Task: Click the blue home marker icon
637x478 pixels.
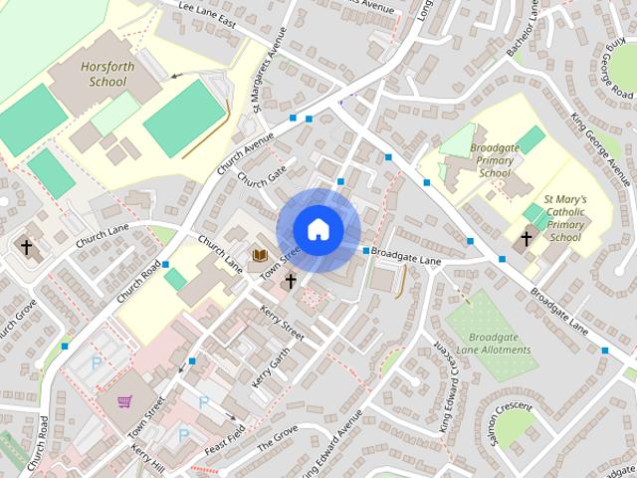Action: [318, 229]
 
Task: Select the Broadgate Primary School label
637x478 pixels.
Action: [495, 152]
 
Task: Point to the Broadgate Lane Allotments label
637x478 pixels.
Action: [502, 345]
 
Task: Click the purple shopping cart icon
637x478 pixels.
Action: [125, 402]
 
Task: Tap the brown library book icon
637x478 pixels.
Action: [260, 257]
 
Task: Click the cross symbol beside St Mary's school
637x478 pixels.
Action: [528, 239]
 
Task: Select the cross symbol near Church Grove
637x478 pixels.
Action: [26, 246]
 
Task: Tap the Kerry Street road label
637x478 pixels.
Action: [282, 323]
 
